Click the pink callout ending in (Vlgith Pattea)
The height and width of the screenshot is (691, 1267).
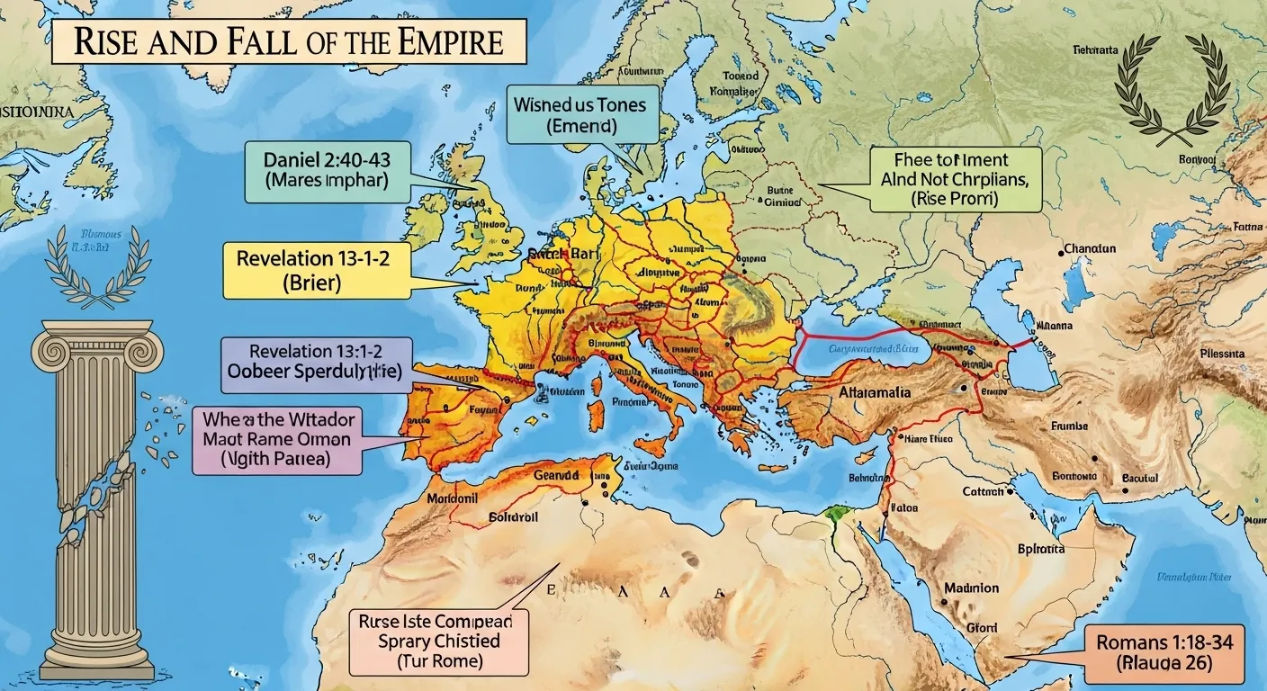pyautogui.click(x=277, y=439)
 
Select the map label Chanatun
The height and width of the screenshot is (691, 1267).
pyautogui.click(x=1089, y=248)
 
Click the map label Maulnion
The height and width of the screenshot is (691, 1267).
pyautogui.click(x=971, y=588)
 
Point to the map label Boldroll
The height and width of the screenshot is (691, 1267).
pyautogui.click(x=513, y=517)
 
